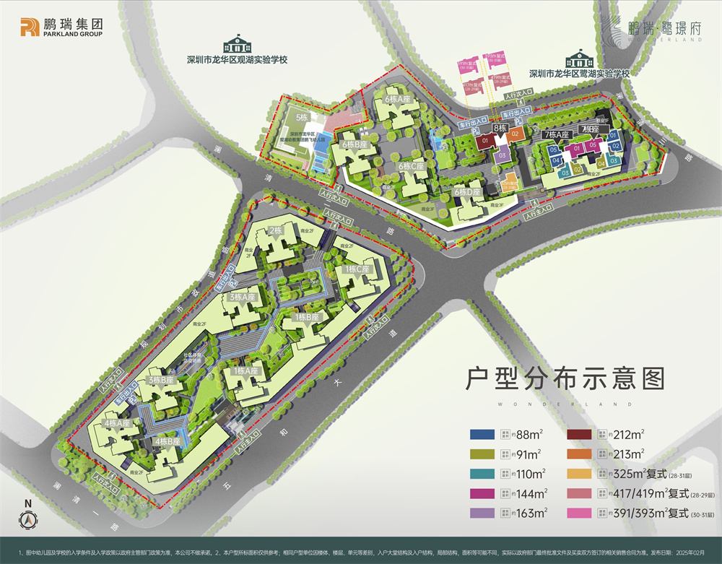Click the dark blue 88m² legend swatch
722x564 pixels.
pos(482,434)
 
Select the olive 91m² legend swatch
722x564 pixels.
pos(482,454)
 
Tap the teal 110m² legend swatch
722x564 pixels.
pos(482,474)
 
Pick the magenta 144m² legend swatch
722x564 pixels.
pos(482,493)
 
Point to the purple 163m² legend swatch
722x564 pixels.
pos(482,513)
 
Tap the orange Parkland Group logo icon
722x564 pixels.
pos(30,27)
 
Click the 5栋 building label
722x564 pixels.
pos(302,117)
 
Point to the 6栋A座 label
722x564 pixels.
pos(397,99)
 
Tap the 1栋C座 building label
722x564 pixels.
pos(356,269)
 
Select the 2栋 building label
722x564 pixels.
pos(275,230)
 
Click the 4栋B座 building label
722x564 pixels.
pos(168,441)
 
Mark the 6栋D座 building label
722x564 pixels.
pos(467,192)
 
